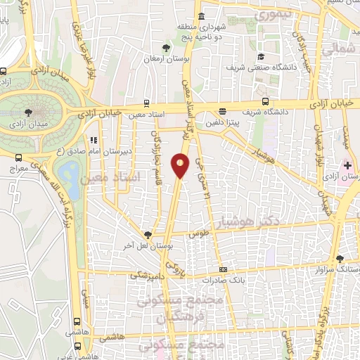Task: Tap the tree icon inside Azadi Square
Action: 27,112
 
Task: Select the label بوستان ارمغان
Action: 166,59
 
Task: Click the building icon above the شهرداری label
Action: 201,16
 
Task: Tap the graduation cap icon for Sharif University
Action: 261,57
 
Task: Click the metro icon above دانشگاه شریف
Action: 265,100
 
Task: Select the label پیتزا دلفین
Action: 223,122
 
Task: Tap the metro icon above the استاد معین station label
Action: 146,101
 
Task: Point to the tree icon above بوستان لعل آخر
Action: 147,235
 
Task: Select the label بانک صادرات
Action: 224,279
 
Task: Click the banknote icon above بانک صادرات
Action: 224,269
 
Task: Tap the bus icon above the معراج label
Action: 18,160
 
